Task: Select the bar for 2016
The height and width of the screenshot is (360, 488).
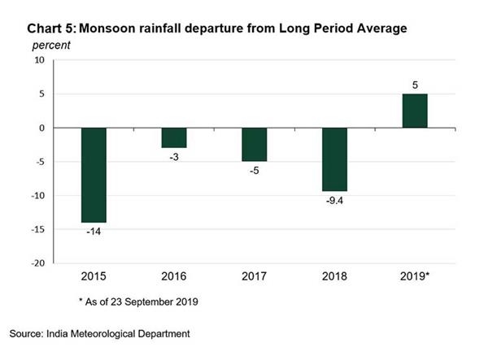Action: tap(174, 137)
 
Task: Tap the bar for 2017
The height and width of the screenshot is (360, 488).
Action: tap(254, 145)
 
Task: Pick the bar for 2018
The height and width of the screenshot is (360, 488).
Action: tap(333, 159)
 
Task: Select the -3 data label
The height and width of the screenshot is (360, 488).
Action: tap(174, 157)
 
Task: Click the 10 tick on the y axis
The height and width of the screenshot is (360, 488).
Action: tap(39, 60)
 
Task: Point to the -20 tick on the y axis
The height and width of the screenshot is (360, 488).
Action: tap(37, 263)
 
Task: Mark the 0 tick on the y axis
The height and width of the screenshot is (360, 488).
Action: tap(41, 128)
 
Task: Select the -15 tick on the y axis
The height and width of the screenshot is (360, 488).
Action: tap(37, 229)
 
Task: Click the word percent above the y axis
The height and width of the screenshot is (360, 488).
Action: tap(50, 44)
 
